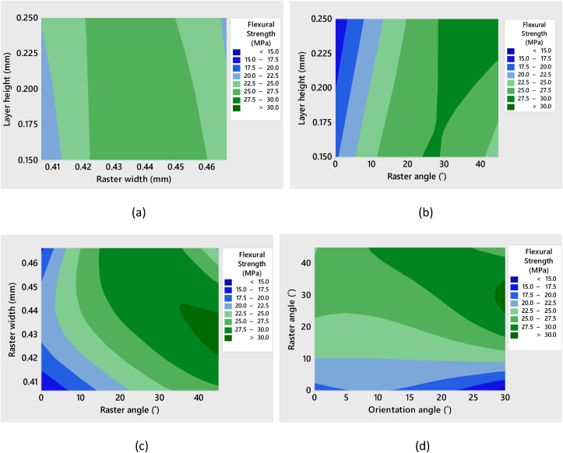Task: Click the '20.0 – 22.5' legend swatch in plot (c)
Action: pyautogui.click(x=229, y=307)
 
